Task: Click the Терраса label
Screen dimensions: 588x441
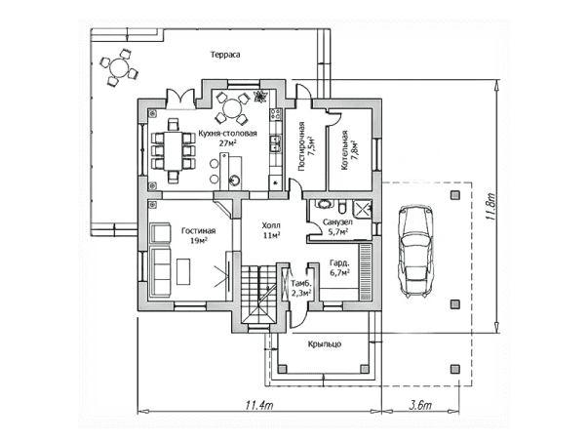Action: (x=225, y=55)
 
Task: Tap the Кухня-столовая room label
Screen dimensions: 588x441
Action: (x=227, y=134)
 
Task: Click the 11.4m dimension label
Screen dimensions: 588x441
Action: (x=259, y=405)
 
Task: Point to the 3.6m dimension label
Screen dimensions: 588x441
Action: (x=420, y=405)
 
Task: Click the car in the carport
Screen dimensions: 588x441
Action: (x=415, y=252)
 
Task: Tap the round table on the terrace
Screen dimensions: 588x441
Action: (x=119, y=68)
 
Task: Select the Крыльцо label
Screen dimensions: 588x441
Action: (x=325, y=343)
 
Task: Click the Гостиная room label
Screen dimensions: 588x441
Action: (x=198, y=231)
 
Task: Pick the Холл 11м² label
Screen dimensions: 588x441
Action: (x=271, y=230)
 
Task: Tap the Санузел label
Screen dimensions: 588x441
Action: (x=337, y=222)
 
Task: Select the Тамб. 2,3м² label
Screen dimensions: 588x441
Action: (x=301, y=288)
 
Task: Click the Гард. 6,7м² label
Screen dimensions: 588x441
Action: (x=339, y=267)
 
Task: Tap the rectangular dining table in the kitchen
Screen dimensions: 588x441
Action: (x=173, y=150)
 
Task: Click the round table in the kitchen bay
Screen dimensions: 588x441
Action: (x=232, y=108)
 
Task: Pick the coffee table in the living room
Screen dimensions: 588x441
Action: (x=183, y=271)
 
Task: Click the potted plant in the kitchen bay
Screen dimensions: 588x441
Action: (x=258, y=96)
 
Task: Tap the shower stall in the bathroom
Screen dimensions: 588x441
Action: (x=362, y=209)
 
